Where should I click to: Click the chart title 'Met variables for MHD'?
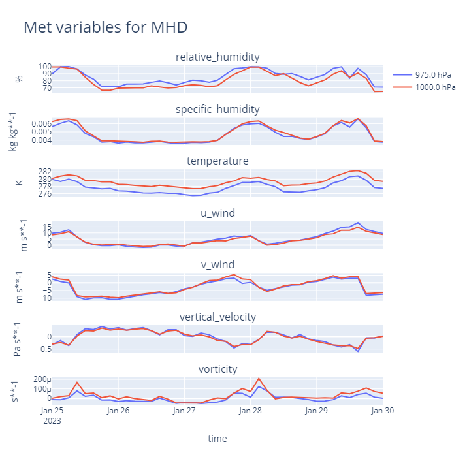click(x=105, y=27)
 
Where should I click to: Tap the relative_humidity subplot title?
click(x=217, y=57)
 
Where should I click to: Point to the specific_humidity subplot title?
click(x=217, y=109)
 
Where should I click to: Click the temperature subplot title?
click(x=217, y=161)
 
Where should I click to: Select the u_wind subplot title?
click(x=217, y=213)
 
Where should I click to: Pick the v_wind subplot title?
click(x=217, y=264)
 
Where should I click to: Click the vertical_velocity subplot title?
click(x=217, y=317)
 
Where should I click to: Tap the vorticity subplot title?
click(x=217, y=369)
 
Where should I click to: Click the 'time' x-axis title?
click(x=217, y=439)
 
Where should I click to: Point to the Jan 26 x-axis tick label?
click(x=118, y=411)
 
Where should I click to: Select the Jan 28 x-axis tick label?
click(x=250, y=411)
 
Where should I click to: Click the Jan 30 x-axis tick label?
click(x=382, y=411)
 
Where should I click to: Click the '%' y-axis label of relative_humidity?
click(x=19, y=78)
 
